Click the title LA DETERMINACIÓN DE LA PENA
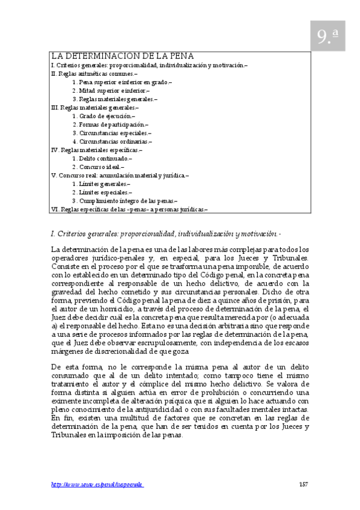[x=122, y=55]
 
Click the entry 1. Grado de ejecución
[x=103, y=116]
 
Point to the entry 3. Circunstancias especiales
[x=112, y=133]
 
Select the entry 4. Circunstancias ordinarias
[x=112, y=141]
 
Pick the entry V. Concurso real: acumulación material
[x=120, y=175]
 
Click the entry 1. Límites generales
[x=101, y=183]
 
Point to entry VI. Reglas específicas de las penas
[x=129, y=209]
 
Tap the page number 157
[x=304, y=484]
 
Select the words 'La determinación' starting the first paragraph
[x=76, y=249]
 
